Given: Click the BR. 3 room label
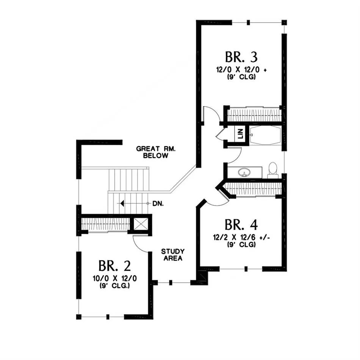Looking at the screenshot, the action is pos(241,57).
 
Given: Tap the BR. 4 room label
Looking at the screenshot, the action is pos(241,225).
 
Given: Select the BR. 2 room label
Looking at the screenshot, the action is pos(114,266).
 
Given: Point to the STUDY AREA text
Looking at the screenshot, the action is pos(173,255).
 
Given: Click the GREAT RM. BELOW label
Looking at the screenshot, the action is pos(156,152).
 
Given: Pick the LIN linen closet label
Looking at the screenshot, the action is pos(240,134).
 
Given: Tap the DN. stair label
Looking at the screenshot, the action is pos(158,203).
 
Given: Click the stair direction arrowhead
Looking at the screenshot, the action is pos(122,203).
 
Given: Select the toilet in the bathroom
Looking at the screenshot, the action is pos(273,171).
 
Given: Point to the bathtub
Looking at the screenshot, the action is pos(265,135).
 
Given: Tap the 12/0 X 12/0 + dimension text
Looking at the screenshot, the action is pos(241,70).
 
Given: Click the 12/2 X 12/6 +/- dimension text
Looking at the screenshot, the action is pos(241,237).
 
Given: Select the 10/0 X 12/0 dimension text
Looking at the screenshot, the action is pos(114,279).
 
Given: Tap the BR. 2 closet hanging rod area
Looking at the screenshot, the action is pos(106,224).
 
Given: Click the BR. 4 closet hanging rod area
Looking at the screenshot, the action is pos(254,188).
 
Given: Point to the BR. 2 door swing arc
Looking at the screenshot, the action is pos(139,246).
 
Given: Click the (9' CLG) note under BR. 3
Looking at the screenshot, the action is pos(241,77).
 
